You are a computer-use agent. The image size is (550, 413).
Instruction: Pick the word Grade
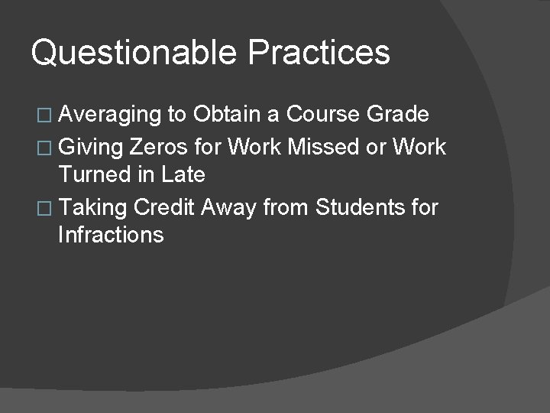399,115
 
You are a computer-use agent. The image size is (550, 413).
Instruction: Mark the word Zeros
160,145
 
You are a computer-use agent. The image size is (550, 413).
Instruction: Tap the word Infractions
110,235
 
